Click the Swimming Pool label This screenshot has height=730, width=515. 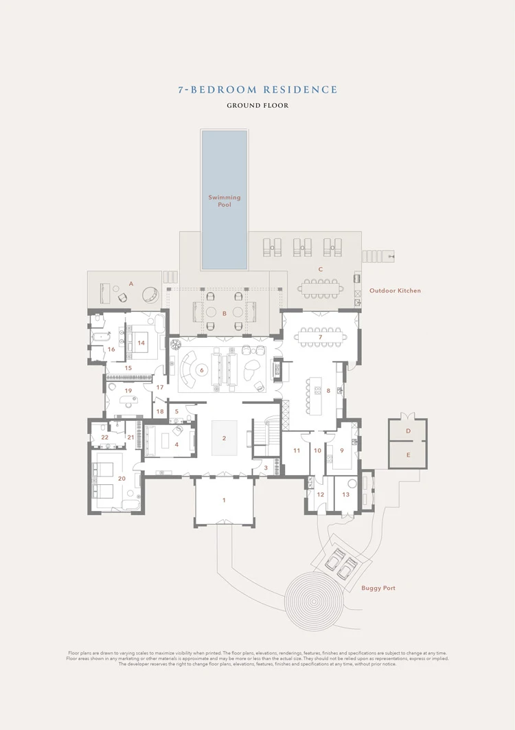225,201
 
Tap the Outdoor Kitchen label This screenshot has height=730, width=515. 395,290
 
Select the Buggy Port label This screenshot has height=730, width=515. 378,589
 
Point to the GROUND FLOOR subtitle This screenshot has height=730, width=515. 257,106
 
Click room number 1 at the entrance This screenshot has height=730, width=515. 224,501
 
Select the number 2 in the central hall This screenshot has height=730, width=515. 224,437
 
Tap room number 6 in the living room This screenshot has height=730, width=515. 201,370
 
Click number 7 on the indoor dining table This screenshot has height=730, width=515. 320,337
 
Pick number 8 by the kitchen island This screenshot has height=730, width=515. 328,391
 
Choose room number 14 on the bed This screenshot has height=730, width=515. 141,342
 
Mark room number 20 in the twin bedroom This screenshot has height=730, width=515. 122,479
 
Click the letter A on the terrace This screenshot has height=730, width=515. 130,284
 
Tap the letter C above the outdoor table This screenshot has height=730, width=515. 320,270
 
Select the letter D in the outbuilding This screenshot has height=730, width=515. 408,431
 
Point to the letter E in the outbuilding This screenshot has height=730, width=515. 408,455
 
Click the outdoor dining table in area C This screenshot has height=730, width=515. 320,286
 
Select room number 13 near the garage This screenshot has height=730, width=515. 345,494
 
